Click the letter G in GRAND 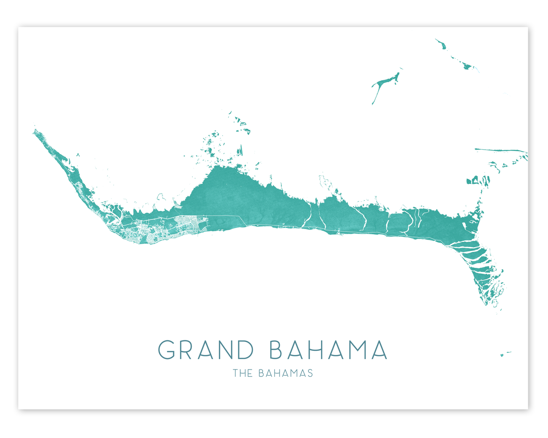click(167, 349)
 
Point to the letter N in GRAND click(232, 349)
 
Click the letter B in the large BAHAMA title click(278, 349)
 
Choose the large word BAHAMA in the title click(328, 349)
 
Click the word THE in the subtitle click(242, 373)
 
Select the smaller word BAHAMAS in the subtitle click(285, 373)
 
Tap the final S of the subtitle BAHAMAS click(310, 373)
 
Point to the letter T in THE click(235, 373)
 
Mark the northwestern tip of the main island click(35, 131)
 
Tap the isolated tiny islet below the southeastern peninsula click(502, 354)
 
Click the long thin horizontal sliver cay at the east click(500, 150)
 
